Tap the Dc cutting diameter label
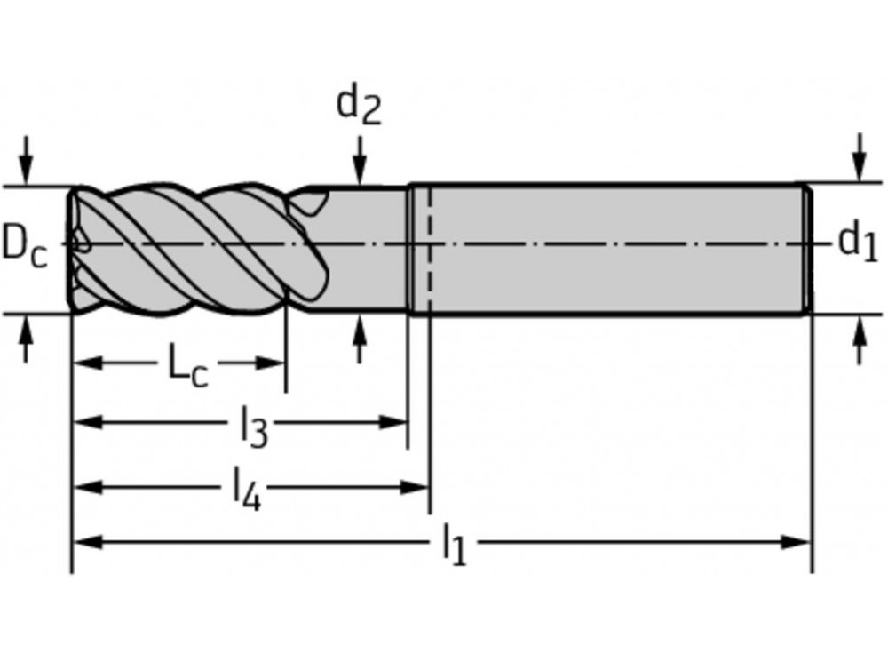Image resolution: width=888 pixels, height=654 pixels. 24,244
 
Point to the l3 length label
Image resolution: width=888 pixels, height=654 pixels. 253,428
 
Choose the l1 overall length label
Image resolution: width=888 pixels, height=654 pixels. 454,545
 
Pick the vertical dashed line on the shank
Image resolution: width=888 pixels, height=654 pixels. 429,249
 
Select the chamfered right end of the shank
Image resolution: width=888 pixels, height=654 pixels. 807,249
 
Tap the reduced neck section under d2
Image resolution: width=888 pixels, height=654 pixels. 364,249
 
